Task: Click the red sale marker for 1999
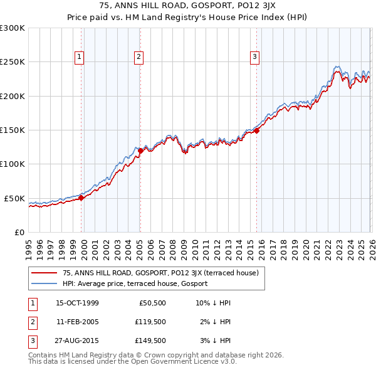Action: click(x=81, y=198)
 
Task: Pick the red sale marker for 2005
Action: click(x=140, y=151)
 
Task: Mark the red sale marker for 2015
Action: click(x=257, y=130)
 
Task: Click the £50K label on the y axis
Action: click(x=15, y=198)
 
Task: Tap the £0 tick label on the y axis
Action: click(x=19, y=232)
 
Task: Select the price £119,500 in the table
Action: click(x=150, y=322)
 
